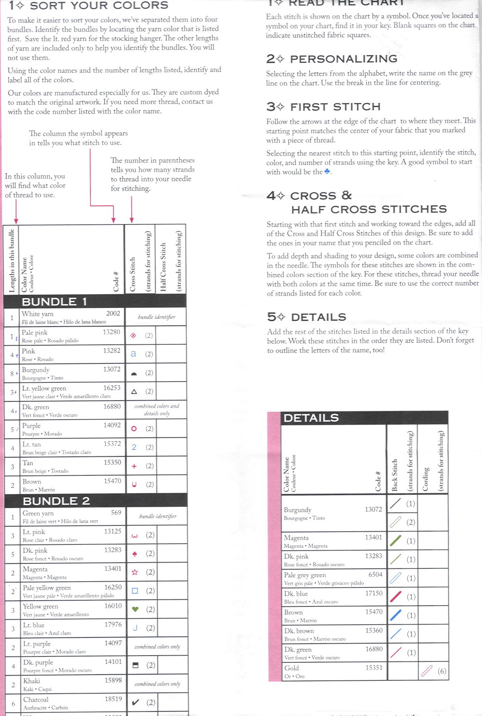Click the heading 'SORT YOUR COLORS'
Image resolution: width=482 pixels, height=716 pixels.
pyautogui.click(x=99, y=5)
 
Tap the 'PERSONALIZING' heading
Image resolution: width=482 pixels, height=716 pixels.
pyautogui.click(x=344, y=59)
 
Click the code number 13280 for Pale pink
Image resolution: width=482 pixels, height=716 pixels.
pyautogui.click(x=112, y=332)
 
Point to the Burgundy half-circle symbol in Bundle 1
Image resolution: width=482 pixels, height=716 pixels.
pyautogui.click(x=134, y=373)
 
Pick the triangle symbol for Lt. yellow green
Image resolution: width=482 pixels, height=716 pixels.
pyautogui.click(x=134, y=391)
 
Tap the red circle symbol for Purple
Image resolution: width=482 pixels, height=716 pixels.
pyautogui.click(x=134, y=429)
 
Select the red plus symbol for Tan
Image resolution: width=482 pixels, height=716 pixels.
pyautogui.click(x=134, y=466)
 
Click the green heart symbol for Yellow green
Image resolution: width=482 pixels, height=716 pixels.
pyautogui.click(x=135, y=609)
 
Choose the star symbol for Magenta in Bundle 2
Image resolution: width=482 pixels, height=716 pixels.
pyautogui.click(x=135, y=572)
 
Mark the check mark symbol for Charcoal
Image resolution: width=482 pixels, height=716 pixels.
pyautogui.click(x=135, y=702)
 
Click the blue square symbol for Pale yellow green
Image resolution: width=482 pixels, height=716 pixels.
pyautogui.click(x=135, y=591)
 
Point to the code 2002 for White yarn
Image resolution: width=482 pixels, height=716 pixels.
pyautogui.click(x=113, y=313)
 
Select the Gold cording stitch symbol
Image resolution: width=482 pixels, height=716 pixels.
pyautogui.click(x=426, y=671)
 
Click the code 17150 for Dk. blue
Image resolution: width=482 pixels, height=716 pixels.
pyautogui.click(x=373, y=593)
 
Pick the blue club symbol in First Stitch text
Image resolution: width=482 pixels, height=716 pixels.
pyautogui.click(x=327, y=172)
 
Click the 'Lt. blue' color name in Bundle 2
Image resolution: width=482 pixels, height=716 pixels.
pyautogui.click(x=33, y=625)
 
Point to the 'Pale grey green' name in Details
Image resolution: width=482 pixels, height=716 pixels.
pyautogui.click(x=305, y=575)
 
